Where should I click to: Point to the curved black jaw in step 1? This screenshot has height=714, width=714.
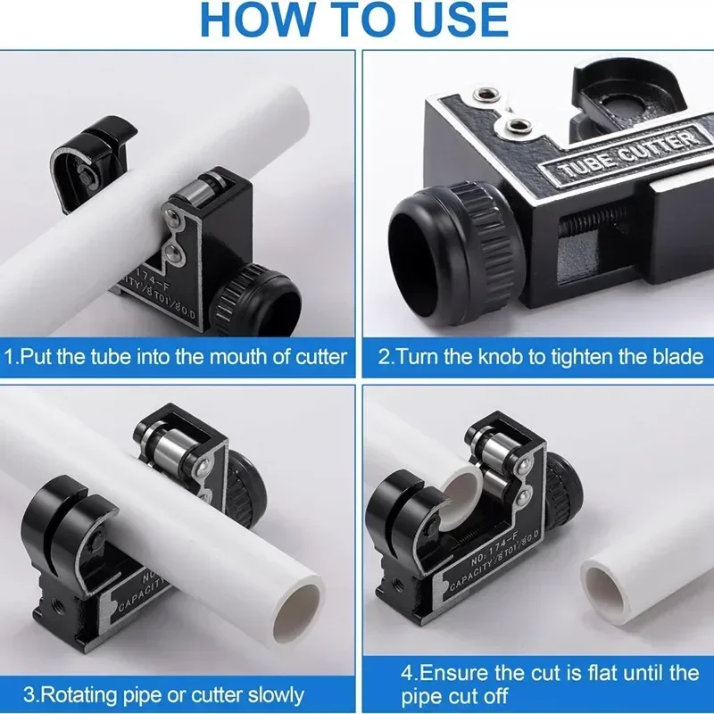[x=91, y=160]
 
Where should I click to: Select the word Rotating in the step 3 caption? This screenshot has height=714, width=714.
[x=79, y=695]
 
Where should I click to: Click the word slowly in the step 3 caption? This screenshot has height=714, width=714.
[x=276, y=695]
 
